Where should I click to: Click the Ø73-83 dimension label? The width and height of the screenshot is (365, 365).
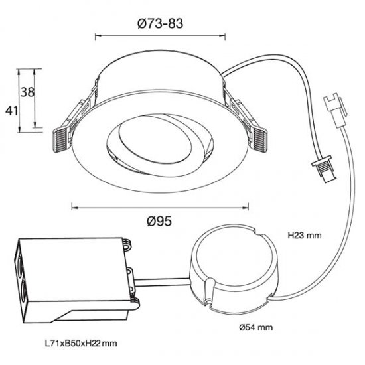pyautogui.click(x=161, y=23)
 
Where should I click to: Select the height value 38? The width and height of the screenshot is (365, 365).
pyautogui.click(x=27, y=94)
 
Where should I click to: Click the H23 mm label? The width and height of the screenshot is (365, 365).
pyautogui.click(x=303, y=235)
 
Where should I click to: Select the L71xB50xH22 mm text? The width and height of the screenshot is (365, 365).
pyautogui.click(x=80, y=344)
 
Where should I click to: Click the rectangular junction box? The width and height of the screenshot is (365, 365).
pyautogui.click(x=73, y=272)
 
